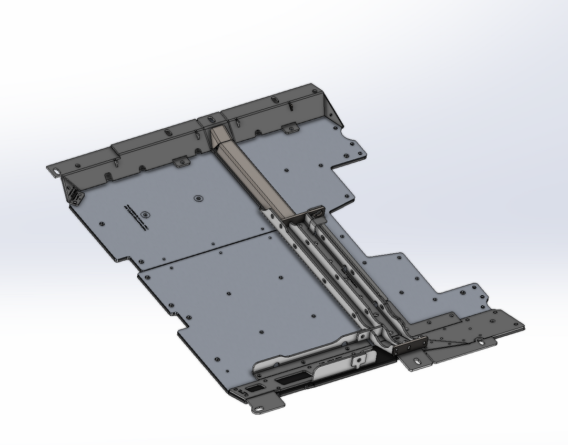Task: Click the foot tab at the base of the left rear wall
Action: (x=182, y=162)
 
